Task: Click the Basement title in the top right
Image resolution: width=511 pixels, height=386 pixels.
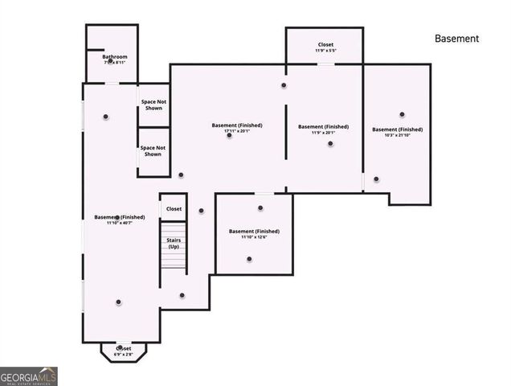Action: point(456,39)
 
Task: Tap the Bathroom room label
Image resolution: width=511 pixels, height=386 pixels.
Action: point(114,57)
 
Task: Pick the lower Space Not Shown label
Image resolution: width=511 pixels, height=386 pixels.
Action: point(153,150)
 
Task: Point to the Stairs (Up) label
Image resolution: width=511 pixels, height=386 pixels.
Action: point(173,243)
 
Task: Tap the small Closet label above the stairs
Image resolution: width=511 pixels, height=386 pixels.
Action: point(174,209)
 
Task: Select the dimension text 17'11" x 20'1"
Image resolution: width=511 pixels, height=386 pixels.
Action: point(237,131)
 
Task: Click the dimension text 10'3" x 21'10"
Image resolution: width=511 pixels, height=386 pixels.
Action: point(397,135)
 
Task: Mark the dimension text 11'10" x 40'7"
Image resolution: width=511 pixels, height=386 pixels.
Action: point(119,223)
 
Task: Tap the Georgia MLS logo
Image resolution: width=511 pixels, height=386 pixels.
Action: point(29,376)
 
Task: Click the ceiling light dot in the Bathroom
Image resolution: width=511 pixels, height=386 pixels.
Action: point(111,61)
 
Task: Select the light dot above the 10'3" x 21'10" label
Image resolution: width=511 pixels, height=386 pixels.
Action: point(401,114)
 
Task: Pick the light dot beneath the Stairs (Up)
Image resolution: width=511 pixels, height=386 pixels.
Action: point(182,295)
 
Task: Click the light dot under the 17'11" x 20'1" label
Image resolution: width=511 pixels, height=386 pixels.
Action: point(229,136)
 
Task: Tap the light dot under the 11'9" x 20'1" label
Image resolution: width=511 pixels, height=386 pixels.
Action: point(329,144)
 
